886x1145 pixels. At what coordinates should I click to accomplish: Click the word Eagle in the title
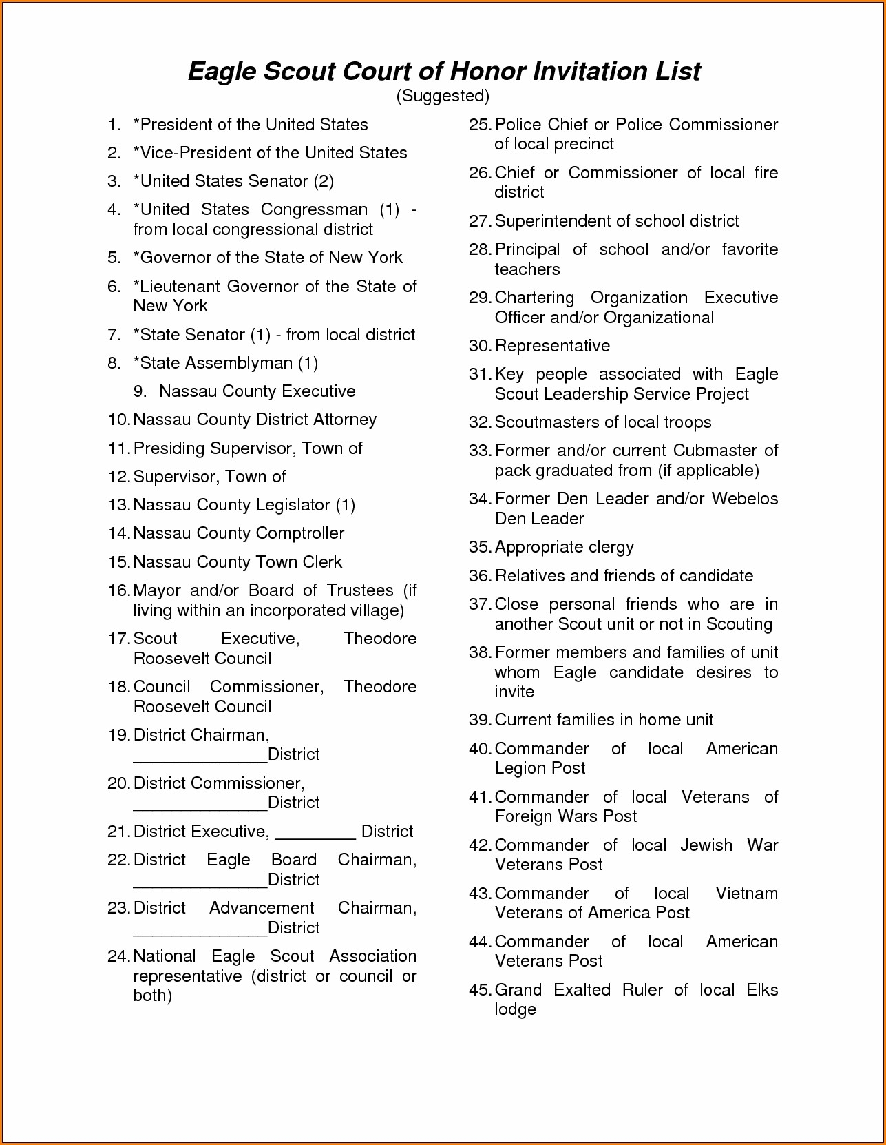click(x=221, y=72)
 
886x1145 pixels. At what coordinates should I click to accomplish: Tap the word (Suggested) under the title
click(x=443, y=96)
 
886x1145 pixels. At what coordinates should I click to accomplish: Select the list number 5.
click(x=114, y=258)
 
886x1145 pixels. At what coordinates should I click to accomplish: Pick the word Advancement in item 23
click(x=262, y=908)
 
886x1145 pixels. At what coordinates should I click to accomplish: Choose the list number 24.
click(x=118, y=956)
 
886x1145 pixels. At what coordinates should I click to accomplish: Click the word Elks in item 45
click(x=762, y=990)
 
